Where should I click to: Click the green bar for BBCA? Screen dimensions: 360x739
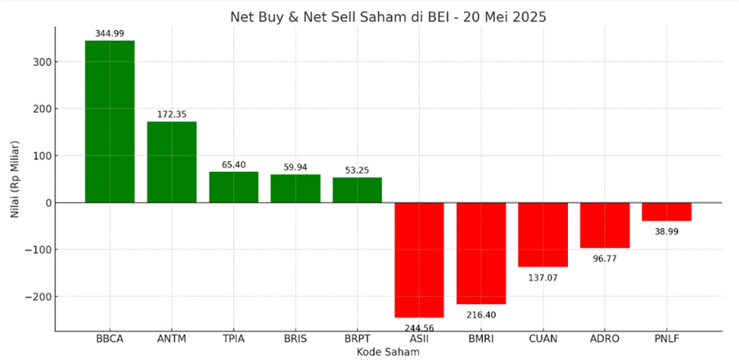tap(110, 121)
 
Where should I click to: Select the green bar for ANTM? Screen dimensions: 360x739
tap(172, 162)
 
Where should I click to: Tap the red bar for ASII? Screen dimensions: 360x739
tap(419, 259)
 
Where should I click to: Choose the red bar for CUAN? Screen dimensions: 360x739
tap(543, 235)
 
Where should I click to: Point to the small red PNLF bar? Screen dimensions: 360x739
tap(666, 212)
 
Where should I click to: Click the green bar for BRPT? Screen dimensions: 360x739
tap(357, 190)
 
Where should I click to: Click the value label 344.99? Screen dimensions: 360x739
tap(110, 33)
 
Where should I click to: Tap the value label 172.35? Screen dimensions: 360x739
tap(172, 114)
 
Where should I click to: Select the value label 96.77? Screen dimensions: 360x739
tap(605, 259)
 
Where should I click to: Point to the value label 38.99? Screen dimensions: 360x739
tap(666, 232)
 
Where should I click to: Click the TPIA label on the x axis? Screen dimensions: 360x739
tap(233, 339)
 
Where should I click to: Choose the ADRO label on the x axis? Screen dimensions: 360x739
tap(605, 339)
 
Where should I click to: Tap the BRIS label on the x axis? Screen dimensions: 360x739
tap(295, 339)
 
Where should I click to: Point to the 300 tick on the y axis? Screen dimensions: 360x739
tap(43, 62)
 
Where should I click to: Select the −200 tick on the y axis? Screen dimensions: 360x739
tap(38, 297)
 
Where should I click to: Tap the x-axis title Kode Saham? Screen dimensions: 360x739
tap(388, 353)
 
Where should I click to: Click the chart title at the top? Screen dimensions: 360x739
tap(388, 16)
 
